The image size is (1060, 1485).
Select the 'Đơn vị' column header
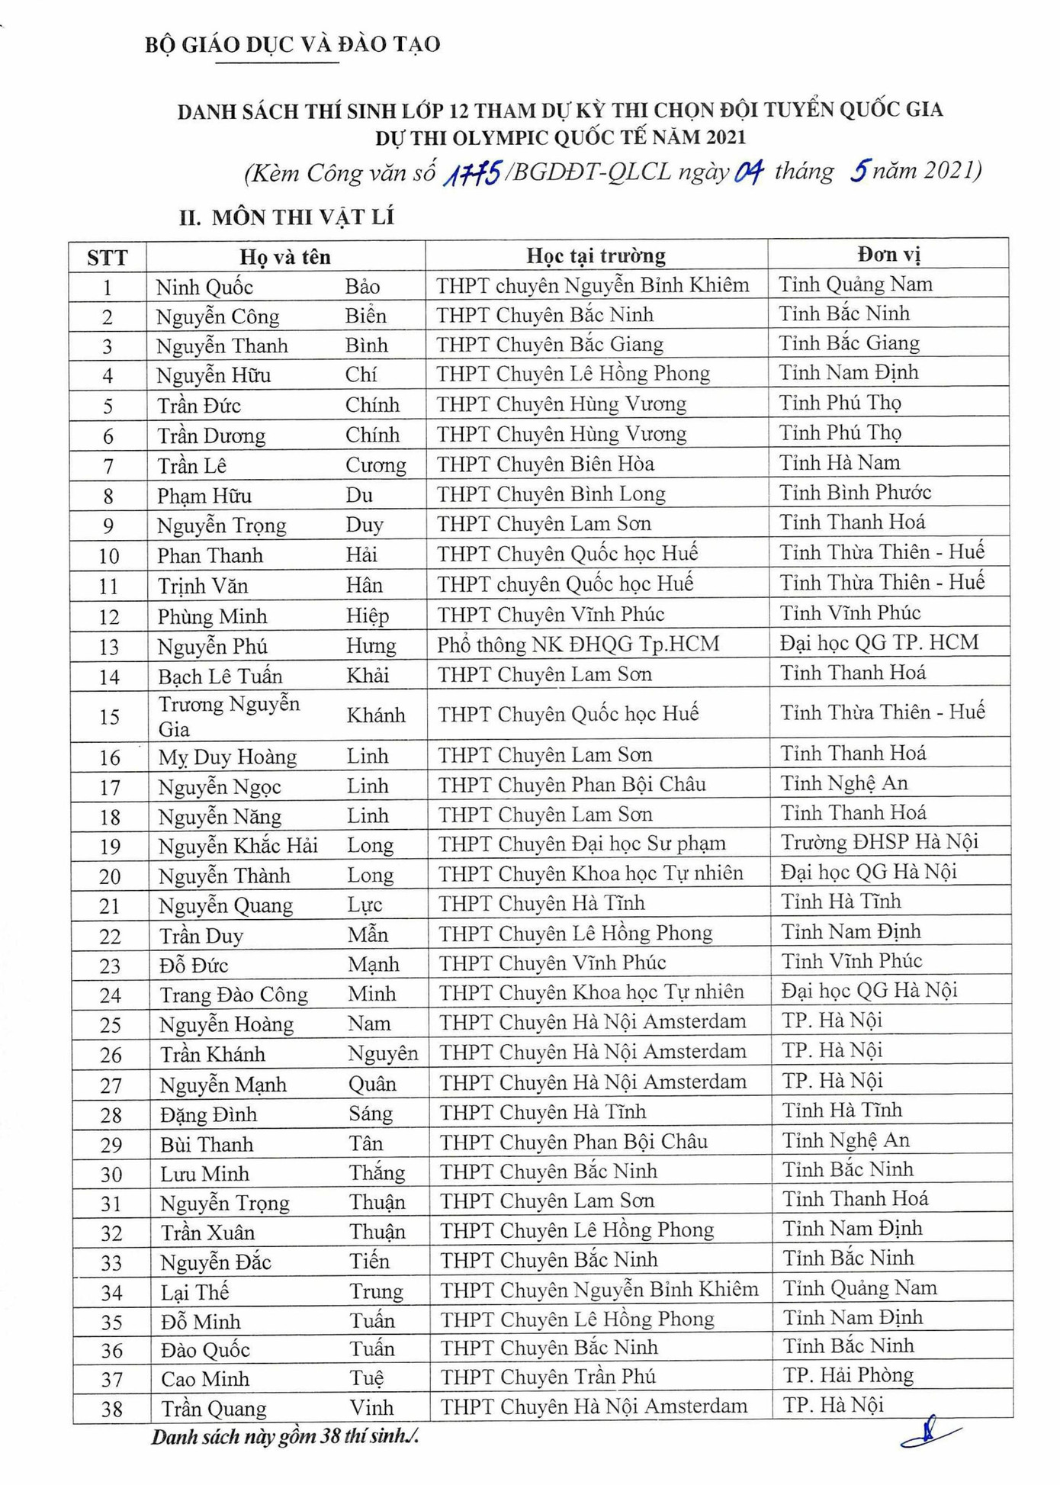888,254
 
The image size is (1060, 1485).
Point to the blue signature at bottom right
930,1432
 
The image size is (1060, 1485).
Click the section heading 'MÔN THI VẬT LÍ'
303,217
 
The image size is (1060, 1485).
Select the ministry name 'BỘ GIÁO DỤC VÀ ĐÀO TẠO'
292,44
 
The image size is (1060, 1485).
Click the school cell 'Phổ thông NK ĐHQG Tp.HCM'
577,644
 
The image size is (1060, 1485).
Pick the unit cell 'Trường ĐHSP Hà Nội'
879,841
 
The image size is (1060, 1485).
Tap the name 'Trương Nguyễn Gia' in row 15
229,715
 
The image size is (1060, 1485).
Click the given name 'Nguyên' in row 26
383,1053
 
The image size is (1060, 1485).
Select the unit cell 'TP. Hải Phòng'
848,1374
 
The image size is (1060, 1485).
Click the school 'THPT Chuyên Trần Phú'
548,1376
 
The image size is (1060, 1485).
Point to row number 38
111,1408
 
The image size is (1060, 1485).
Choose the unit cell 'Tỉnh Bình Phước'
855,492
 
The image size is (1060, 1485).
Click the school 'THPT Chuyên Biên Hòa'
545,464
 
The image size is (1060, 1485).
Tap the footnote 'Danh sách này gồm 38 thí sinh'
284,1437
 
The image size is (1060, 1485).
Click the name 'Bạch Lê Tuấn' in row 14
220,676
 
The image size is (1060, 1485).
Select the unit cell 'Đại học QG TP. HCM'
879,642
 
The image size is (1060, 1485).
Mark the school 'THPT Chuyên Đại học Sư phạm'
582,843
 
